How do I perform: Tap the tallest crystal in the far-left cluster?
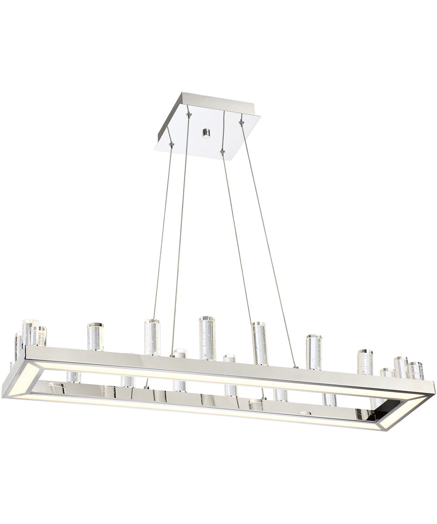(31, 332)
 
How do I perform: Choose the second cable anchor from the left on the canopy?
(189, 115)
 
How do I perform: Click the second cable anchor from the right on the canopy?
(222, 152)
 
